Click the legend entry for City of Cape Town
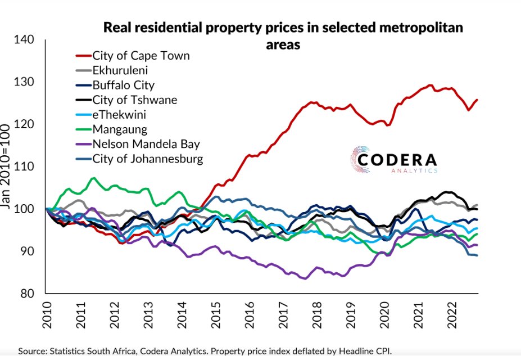pyautogui.click(x=141, y=56)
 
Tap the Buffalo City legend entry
pyautogui.click(x=123, y=85)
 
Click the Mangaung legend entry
pyautogui.click(x=120, y=129)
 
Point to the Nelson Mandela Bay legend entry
pyautogui.click(x=146, y=144)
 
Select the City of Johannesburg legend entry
pyautogui.click(x=148, y=159)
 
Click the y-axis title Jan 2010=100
pyautogui.click(x=7, y=169)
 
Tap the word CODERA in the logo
pyautogui.click(x=397, y=160)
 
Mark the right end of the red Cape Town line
pyautogui.click(x=477, y=100)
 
